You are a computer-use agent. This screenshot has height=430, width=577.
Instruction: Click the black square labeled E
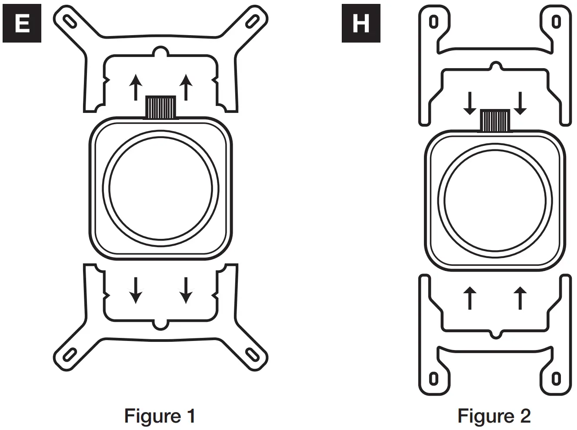[22, 23]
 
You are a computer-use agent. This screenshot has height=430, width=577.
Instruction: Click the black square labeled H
[361, 23]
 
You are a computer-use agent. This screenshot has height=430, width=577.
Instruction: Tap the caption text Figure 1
[160, 416]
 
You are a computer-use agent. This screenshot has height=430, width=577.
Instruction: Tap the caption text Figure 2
[494, 416]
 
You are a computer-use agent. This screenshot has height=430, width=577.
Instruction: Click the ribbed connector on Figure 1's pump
[160, 107]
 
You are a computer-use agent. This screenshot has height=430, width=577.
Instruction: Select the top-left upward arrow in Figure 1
[136, 87]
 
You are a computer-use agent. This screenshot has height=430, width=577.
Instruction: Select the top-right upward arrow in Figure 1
[186, 87]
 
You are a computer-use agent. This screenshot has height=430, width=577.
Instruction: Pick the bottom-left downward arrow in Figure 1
[136, 290]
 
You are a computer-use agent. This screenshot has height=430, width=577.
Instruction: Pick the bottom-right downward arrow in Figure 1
[186, 290]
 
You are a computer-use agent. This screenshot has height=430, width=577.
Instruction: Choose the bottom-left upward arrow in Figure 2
[470, 298]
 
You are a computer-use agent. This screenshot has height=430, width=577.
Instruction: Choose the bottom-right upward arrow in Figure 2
[520, 298]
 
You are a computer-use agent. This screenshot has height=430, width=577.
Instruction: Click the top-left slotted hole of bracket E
[69, 20]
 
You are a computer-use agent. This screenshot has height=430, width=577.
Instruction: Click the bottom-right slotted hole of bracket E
[252, 354]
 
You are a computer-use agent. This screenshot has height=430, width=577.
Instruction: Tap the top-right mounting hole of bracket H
[556, 21]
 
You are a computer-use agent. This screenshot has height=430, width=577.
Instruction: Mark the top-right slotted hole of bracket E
[252, 20]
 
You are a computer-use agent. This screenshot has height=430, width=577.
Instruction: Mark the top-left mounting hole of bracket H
[433, 21]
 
